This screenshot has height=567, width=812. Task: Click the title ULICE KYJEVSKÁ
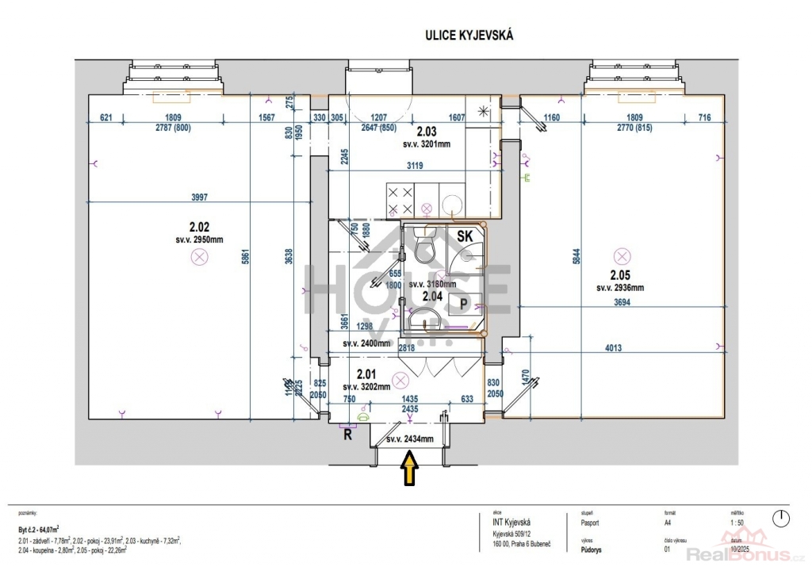(471, 35)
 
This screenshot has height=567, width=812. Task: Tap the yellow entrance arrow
(410, 467)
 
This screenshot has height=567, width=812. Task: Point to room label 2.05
(621, 275)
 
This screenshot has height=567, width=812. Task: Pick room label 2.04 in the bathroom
(432, 296)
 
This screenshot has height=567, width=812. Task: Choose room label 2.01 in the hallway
(366, 374)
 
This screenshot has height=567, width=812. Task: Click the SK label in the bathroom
(466, 236)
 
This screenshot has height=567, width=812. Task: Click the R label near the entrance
(347, 434)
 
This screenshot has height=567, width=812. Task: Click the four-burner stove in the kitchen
(399, 200)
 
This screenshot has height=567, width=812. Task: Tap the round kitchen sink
(451, 201)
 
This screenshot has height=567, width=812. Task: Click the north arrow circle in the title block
(781, 519)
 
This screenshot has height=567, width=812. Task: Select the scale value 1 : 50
(735, 523)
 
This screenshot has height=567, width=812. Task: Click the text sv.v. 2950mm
(199, 238)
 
